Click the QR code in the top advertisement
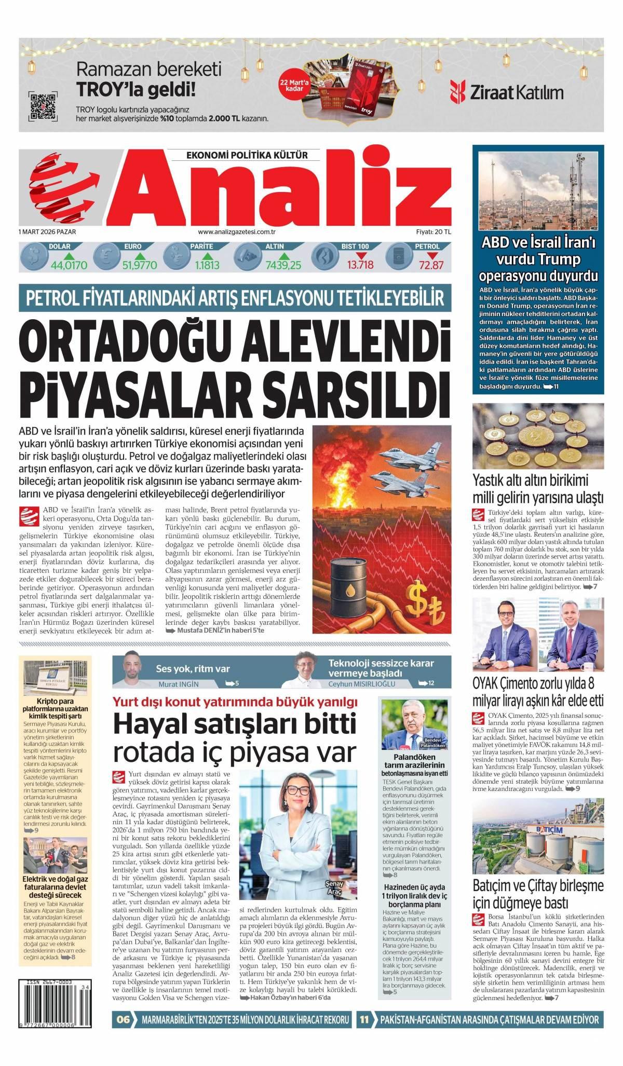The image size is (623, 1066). pyautogui.click(x=43, y=106)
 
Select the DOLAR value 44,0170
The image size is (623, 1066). pyautogui.click(x=69, y=265)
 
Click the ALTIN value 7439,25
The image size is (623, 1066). pyautogui.click(x=283, y=265)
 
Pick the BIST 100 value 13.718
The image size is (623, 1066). pyautogui.click(x=360, y=265)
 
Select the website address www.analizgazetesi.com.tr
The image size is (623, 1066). pyautogui.click(x=236, y=233)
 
